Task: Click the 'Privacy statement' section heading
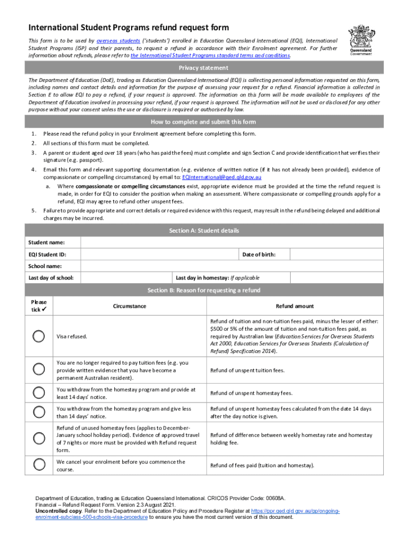203,68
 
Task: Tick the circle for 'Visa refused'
39,336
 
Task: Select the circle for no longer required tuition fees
39,370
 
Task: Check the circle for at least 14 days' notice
39,393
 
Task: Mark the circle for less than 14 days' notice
39,412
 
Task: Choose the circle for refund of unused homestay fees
39,439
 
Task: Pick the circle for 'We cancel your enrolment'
39,465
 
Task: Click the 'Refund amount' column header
295,306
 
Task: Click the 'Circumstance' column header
129,306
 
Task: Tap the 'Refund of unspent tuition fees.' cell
247,370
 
